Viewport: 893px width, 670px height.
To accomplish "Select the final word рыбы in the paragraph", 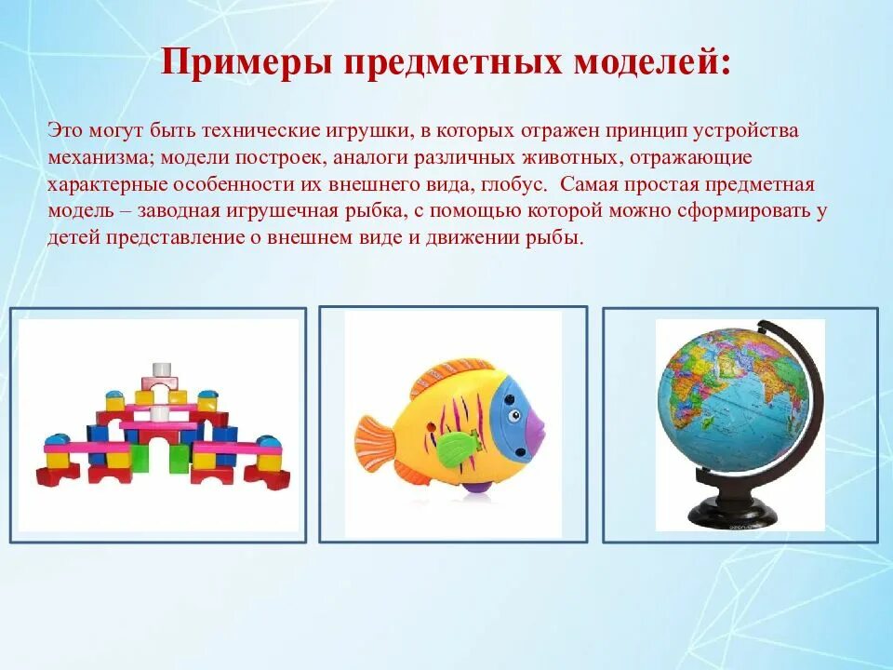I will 561,238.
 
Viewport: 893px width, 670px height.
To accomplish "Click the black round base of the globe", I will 732,510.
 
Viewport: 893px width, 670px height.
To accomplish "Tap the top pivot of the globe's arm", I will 763,328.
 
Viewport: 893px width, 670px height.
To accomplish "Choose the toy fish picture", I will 453,424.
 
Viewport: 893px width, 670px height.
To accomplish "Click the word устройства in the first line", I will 751,130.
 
